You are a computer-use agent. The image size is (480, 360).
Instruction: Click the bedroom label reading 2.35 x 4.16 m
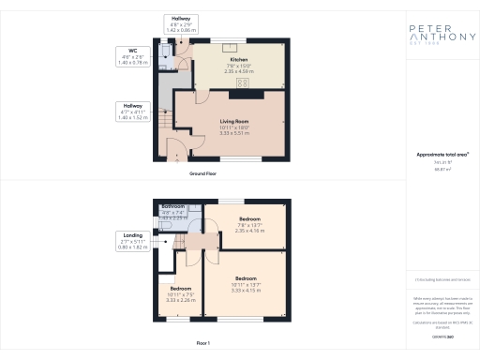tap(247, 225)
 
